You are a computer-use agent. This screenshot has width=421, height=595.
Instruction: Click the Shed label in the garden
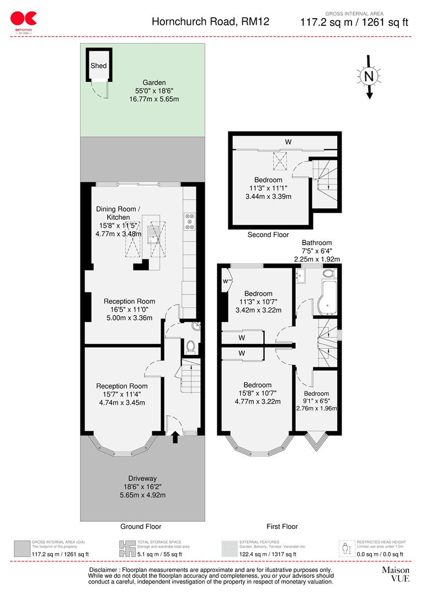click(99, 66)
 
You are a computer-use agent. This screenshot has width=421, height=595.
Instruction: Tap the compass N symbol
click(369, 76)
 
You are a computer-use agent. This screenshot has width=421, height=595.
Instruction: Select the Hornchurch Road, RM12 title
click(210, 22)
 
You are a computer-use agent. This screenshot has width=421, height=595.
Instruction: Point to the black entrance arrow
click(175, 437)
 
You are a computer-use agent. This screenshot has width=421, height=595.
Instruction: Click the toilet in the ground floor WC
click(190, 347)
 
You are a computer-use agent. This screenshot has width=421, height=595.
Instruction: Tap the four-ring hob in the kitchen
click(190, 220)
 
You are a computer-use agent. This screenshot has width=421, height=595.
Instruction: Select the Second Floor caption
click(268, 235)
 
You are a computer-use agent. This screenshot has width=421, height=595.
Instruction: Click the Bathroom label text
click(317, 243)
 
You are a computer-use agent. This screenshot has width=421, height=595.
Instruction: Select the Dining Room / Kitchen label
click(119, 213)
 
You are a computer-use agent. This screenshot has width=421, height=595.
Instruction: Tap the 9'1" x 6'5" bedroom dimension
click(316, 401)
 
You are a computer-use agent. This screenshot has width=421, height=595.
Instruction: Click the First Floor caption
click(282, 527)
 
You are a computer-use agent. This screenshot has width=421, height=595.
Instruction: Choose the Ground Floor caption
click(141, 527)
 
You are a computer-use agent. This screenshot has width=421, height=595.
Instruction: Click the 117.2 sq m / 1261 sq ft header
click(354, 23)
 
